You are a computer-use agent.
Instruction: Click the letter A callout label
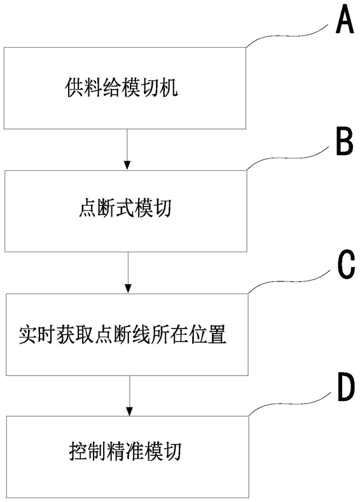(345, 21)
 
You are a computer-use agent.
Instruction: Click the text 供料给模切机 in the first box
(121, 88)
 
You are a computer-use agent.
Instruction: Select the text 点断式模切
(125, 208)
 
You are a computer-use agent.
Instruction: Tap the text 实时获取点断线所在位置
(123, 334)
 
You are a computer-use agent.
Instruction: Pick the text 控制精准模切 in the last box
(125, 451)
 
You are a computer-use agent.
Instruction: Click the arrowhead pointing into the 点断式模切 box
(127, 165)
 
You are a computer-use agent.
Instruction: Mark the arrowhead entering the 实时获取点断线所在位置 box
(128, 288)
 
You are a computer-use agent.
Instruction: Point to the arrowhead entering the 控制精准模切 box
(129, 411)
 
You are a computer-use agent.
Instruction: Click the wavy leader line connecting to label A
(289, 36)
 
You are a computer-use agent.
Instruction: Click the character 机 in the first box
(169, 88)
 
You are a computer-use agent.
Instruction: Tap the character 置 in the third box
(218, 334)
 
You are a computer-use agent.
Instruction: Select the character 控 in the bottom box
(78, 451)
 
